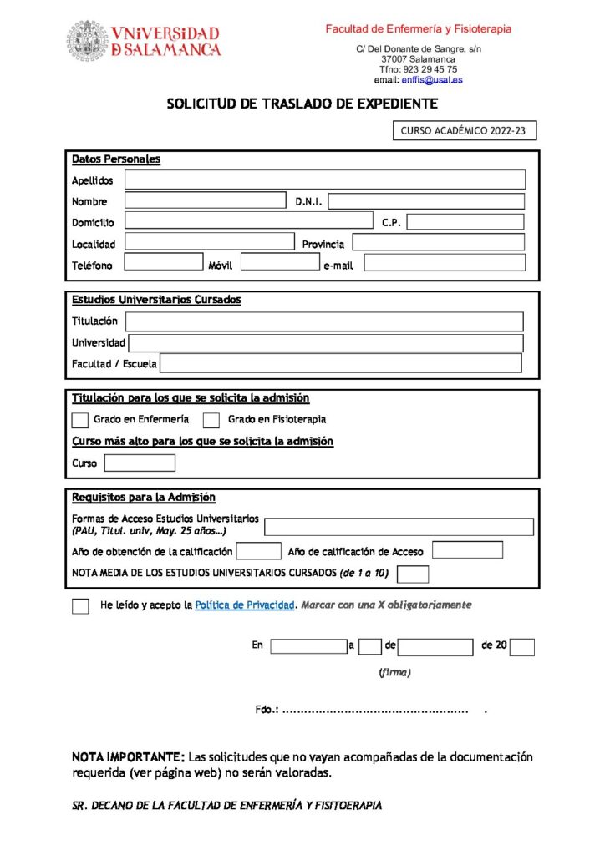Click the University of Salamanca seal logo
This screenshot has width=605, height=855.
[89, 40]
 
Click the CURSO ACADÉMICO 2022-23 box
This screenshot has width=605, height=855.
[464, 130]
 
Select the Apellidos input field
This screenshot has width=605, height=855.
[325, 180]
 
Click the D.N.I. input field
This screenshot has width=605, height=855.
[426, 201]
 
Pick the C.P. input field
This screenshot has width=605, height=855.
[465, 222]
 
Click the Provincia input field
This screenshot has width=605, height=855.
[438, 243]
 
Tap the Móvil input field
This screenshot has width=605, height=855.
[279, 263]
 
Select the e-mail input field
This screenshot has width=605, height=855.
[445, 263]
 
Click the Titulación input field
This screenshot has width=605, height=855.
[324, 321]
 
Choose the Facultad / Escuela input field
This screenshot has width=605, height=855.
[340, 363]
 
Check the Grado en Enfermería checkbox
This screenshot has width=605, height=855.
[80, 420]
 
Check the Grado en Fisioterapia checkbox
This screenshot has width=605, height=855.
[211, 420]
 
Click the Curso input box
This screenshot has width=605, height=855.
[140, 463]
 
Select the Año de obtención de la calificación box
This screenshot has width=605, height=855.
[258, 551]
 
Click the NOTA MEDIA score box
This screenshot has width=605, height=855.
[413, 574]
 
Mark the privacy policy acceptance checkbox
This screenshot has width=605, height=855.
[80, 606]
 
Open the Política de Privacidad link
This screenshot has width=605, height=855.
[244, 605]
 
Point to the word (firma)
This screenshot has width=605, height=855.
[394, 672]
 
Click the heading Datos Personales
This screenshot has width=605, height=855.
[116, 159]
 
